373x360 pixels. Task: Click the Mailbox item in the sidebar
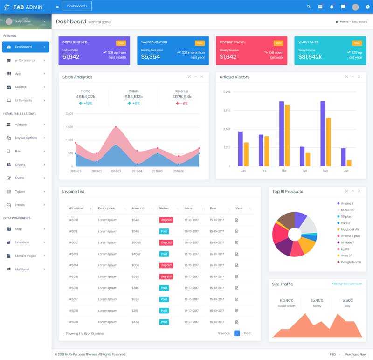(21, 87)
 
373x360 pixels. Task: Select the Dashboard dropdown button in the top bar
(77, 6)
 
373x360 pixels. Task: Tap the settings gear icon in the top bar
(367, 7)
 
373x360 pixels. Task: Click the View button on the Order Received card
(121, 43)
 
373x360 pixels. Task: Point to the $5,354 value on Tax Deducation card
(150, 57)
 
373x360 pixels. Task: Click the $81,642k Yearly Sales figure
(310, 57)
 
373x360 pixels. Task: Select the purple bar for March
(282, 133)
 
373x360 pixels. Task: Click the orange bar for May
(328, 142)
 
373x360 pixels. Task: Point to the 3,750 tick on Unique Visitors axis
(227, 111)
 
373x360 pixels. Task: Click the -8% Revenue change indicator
(182, 103)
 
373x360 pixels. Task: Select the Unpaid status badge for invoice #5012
(166, 242)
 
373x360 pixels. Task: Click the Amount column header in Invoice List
(138, 208)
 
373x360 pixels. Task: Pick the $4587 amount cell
(136, 254)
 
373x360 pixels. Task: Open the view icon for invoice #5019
(237, 322)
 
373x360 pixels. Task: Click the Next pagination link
(247, 333)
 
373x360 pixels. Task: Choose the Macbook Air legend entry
(350, 229)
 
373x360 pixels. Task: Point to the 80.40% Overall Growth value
(286, 300)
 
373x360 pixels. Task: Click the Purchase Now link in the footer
(356, 354)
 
